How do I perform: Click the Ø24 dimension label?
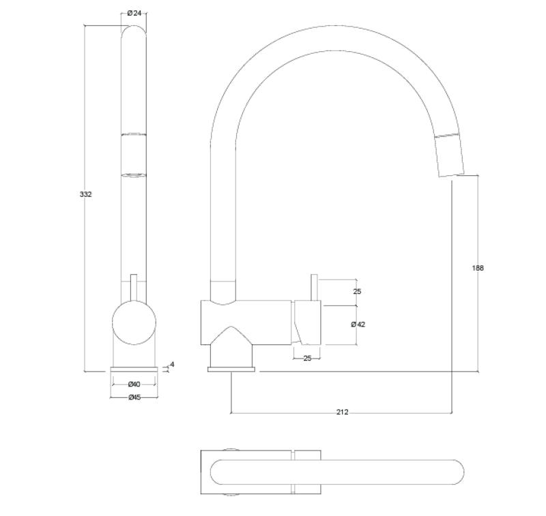(x=134, y=14)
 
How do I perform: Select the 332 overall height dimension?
(x=85, y=194)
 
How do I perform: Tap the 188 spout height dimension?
(x=478, y=268)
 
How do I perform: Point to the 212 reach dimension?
(x=342, y=412)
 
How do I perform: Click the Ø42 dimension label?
(x=358, y=324)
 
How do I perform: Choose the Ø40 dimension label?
(x=134, y=384)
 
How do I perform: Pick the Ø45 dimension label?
(x=134, y=398)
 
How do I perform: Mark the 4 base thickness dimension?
(x=172, y=365)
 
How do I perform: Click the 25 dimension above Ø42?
(x=357, y=292)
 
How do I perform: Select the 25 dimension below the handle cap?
(x=307, y=358)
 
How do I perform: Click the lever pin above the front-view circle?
(x=134, y=286)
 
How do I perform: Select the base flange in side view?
(x=232, y=370)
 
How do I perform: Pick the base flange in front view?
(x=134, y=370)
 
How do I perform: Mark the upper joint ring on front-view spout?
(x=134, y=134)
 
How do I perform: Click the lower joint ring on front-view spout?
(x=134, y=174)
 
